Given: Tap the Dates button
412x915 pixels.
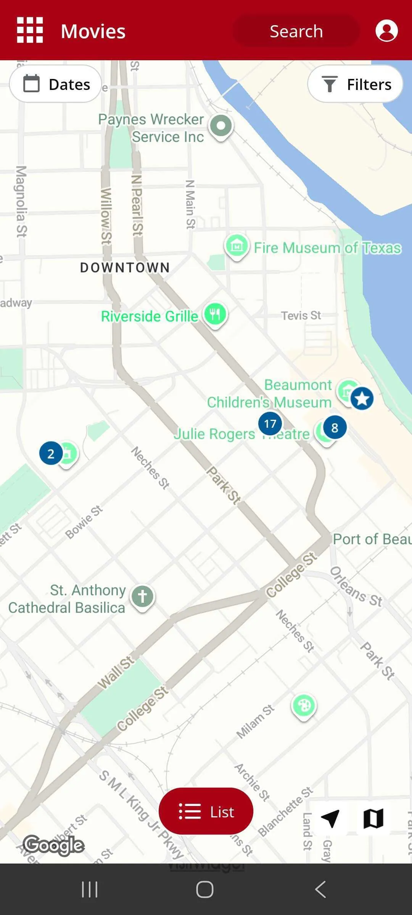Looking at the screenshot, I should pos(56,84).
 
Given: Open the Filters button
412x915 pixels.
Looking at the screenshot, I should pos(355,84).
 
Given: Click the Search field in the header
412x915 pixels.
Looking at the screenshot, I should pos(296,31).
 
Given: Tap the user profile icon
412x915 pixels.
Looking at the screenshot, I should pos(386,30).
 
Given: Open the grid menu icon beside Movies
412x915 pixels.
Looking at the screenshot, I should pos(30,30).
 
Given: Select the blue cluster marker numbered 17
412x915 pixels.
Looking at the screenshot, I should pos(270,424).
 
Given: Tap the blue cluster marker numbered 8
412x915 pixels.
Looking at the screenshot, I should pos(335,428).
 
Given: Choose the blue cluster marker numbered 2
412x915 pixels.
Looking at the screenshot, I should pos(51,453).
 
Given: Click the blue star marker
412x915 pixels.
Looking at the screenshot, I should pos(362,398).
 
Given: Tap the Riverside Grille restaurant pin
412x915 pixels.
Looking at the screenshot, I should pos(215,315).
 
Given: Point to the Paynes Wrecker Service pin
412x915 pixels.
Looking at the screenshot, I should pos(221,126).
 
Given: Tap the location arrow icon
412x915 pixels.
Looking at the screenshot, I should pos(330,818).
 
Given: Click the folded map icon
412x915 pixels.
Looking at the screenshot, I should pos(373,818).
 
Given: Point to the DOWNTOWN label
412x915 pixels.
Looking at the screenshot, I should pos(125,268).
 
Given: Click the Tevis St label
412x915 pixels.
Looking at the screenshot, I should pos(301,315).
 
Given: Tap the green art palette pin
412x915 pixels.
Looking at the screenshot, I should pos(304,706).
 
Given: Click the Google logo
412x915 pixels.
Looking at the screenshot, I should pos(54,845).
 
